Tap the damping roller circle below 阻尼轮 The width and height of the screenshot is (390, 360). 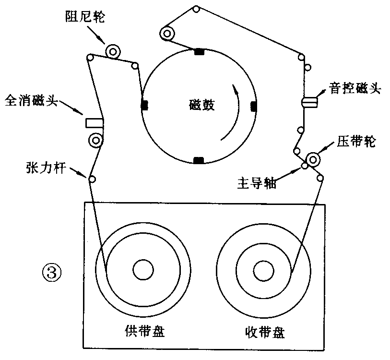[x=114, y=50]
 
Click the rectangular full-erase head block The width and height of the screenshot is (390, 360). [x=95, y=123]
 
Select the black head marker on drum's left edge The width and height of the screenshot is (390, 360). [x=144, y=106]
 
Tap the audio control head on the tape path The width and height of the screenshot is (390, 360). [x=310, y=102]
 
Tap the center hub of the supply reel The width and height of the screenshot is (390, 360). [x=142, y=270]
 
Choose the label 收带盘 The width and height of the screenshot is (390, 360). [x=264, y=333]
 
